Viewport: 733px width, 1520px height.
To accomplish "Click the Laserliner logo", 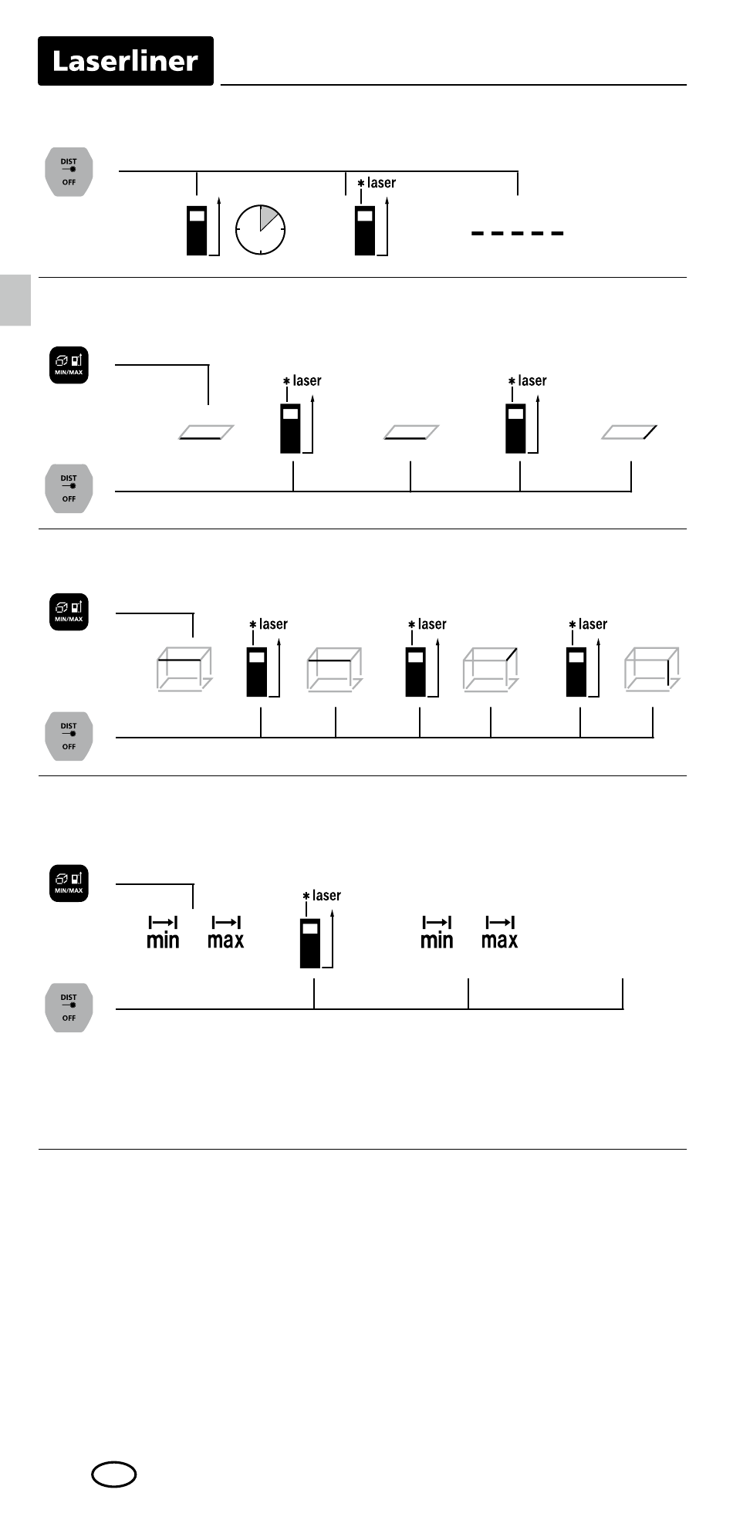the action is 126,61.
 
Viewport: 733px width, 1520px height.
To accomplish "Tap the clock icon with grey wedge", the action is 260,230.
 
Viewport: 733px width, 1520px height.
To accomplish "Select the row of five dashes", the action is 518,232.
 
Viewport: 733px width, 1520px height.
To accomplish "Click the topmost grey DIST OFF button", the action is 69,172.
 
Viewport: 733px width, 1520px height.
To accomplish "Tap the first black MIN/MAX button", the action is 69,365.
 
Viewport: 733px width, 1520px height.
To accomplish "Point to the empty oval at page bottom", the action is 114,1475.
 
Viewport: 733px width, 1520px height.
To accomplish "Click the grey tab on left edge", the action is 15,300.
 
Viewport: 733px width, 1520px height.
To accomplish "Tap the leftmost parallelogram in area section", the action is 206,432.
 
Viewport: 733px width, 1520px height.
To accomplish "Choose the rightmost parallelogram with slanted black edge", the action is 630,432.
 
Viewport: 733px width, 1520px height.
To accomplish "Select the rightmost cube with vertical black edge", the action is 652,668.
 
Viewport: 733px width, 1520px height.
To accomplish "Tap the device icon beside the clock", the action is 198,230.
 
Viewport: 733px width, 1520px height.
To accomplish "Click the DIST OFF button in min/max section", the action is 69,1008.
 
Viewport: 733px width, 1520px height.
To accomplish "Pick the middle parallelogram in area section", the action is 411,432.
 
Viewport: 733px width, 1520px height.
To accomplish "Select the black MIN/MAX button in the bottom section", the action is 69,883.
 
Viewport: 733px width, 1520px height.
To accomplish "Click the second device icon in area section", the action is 515,428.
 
